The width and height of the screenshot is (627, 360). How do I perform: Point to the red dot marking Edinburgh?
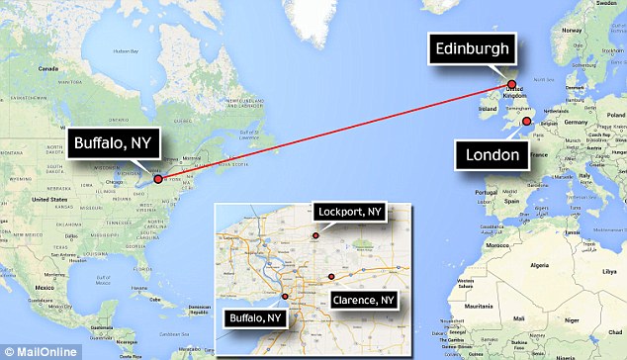511,84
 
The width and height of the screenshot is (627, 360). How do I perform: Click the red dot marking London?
526,121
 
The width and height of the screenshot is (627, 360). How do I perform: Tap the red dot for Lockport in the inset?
314,235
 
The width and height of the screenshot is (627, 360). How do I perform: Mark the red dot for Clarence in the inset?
330,276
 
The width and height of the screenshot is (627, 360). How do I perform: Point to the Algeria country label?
540,266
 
